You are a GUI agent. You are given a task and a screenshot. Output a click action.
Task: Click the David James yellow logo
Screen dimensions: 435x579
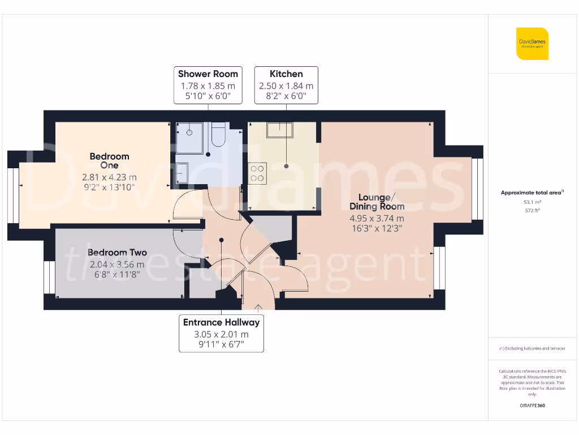click(x=532, y=44)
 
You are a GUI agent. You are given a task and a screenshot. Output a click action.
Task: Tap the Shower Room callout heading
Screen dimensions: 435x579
click(x=208, y=74)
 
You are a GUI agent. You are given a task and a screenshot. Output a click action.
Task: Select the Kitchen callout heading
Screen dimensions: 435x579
click(x=286, y=74)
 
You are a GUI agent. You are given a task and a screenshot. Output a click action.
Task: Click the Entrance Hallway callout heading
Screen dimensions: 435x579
click(x=222, y=322)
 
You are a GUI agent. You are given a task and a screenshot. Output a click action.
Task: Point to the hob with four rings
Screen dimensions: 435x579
click(x=257, y=172)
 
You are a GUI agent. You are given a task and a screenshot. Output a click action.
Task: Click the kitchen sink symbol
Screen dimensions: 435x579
click(x=280, y=130)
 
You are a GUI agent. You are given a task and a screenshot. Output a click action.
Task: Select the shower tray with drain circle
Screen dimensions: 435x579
click(x=189, y=138)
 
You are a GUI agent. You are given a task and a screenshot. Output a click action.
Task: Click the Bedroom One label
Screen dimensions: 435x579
click(x=109, y=160)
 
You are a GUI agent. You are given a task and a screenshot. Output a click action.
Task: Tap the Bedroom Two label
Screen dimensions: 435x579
click(x=117, y=253)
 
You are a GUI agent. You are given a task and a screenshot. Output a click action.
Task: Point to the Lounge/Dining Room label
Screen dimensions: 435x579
click(x=377, y=202)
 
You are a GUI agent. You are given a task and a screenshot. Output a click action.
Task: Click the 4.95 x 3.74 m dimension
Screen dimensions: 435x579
click(x=377, y=219)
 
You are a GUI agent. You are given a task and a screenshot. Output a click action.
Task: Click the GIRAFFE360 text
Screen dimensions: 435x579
click(x=532, y=406)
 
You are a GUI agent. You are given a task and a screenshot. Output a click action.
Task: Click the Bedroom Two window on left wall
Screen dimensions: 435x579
click(x=49, y=277)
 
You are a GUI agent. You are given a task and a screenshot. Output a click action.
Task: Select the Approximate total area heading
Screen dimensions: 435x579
click(x=532, y=193)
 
